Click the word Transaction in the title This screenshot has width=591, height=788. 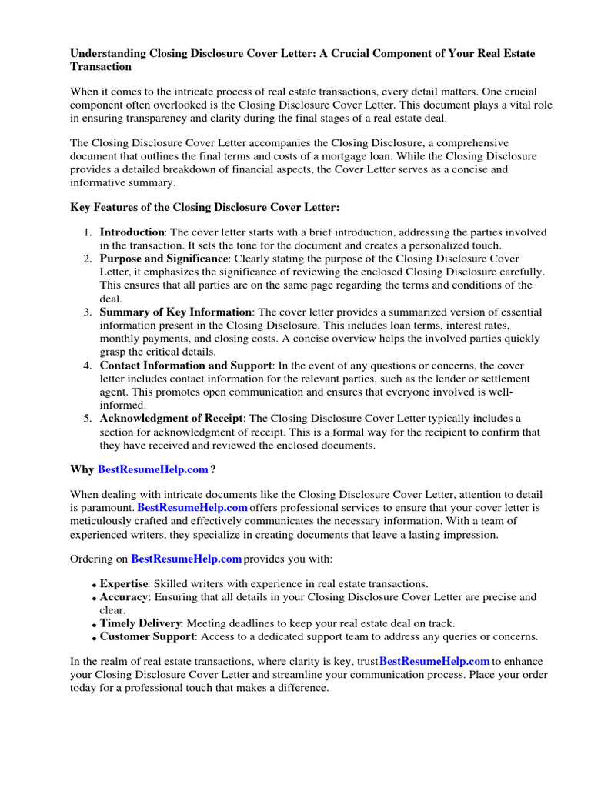pos(101,67)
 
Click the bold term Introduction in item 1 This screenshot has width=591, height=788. pos(132,232)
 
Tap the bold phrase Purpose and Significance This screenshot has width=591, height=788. pos(163,259)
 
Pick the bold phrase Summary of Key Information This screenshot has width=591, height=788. pos(175,312)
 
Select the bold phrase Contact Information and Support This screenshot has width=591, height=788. pos(185,365)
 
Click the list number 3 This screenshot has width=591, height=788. pos(87,312)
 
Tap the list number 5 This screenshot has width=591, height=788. pos(87,418)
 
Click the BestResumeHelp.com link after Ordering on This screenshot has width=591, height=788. pos(186,558)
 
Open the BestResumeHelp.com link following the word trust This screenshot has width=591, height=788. pos(435,660)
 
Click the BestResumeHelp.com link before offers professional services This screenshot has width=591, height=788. pos(192,508)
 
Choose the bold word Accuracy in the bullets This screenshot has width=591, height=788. pos(123,597)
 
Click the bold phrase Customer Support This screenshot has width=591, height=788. pos(146,636)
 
